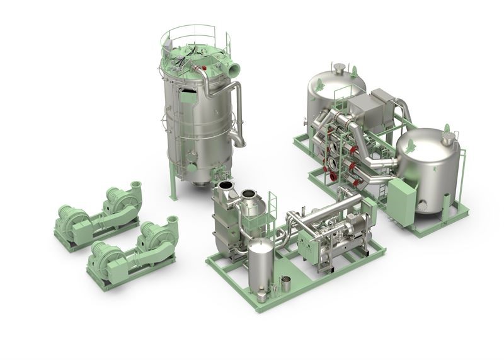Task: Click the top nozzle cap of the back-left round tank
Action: pos(339,67)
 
